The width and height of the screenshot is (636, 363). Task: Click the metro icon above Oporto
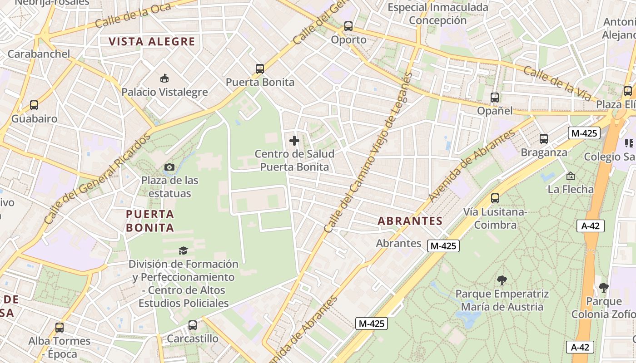click(x=348, y=26)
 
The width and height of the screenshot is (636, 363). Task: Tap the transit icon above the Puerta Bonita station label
click(x=260, y=69)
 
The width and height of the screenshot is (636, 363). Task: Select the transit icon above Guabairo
click(x=34, y=105)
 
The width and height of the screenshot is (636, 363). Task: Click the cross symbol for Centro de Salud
click(x=294, y=141)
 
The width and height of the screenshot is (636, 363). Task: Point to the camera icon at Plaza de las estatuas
click(x=169, y=167)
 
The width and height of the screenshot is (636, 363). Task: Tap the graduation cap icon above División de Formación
click(x=183, y=250)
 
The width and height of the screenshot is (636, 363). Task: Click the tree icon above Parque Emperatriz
click(x=502, y=280)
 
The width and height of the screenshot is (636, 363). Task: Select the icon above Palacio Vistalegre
click(x=164, y=79)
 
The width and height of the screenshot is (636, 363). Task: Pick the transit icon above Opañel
click(x=495, y=97)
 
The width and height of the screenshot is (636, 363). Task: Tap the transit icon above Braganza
click(x=544, y=139)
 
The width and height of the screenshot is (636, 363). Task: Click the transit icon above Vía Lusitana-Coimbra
click(x=495, y=198)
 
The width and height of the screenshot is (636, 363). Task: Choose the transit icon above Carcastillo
click(x=193, y=325)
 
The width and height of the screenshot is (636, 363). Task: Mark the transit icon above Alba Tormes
click(x=60, y=328)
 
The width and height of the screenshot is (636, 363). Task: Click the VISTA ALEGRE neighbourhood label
click(x=152, y=42)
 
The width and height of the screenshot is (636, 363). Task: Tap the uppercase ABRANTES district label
click(x=410, y=221)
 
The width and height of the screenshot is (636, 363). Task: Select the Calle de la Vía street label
click(x=557, y=83)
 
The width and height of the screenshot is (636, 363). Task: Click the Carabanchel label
click(x=39, y=54)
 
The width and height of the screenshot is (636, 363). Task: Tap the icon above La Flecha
click(x=571, y=176)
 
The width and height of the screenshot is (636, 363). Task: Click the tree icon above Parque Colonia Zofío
click(x=603, y=287)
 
